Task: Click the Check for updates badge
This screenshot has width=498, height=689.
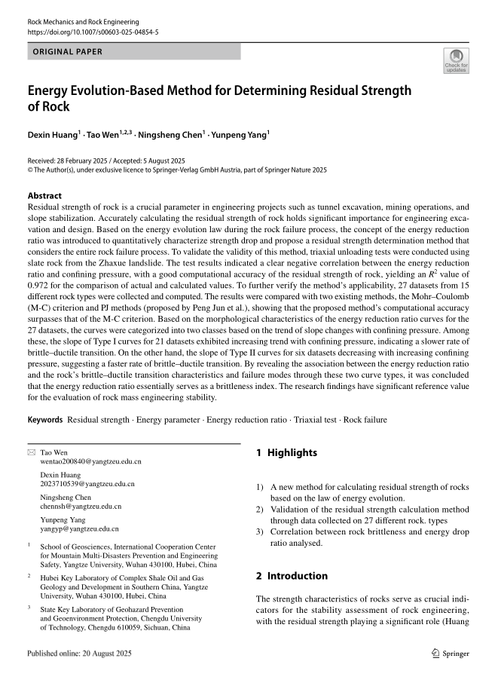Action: pyautogui.click(x=456, y=61)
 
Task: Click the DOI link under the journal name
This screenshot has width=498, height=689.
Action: pyautogui.click(x=93, y=33)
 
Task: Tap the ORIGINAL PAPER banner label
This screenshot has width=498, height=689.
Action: pyautogui.click(x=69, y=52)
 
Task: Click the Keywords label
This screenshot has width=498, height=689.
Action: pyautogui.click(x=45, y=418)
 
